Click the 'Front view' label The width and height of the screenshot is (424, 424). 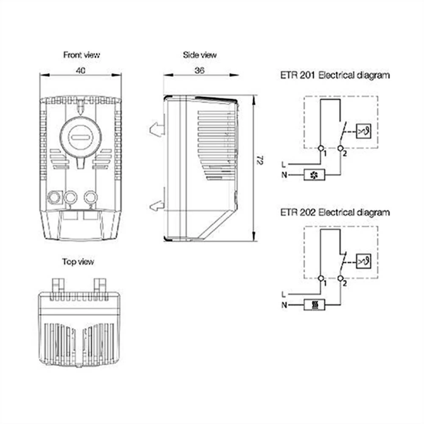81,55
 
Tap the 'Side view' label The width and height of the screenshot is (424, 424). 199,55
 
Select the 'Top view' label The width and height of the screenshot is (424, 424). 78,262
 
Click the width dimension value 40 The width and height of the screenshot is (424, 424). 81,71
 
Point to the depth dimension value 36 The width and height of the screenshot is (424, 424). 199,71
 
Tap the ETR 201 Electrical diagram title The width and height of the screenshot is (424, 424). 335,76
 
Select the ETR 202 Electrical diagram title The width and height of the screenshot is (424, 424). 335,212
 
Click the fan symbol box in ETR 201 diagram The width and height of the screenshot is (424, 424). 315,174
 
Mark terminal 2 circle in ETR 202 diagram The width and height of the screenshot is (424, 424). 340,279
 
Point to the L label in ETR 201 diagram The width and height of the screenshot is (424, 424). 283,164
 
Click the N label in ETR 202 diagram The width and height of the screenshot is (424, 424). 283,305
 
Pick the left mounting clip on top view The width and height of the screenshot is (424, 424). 58,284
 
